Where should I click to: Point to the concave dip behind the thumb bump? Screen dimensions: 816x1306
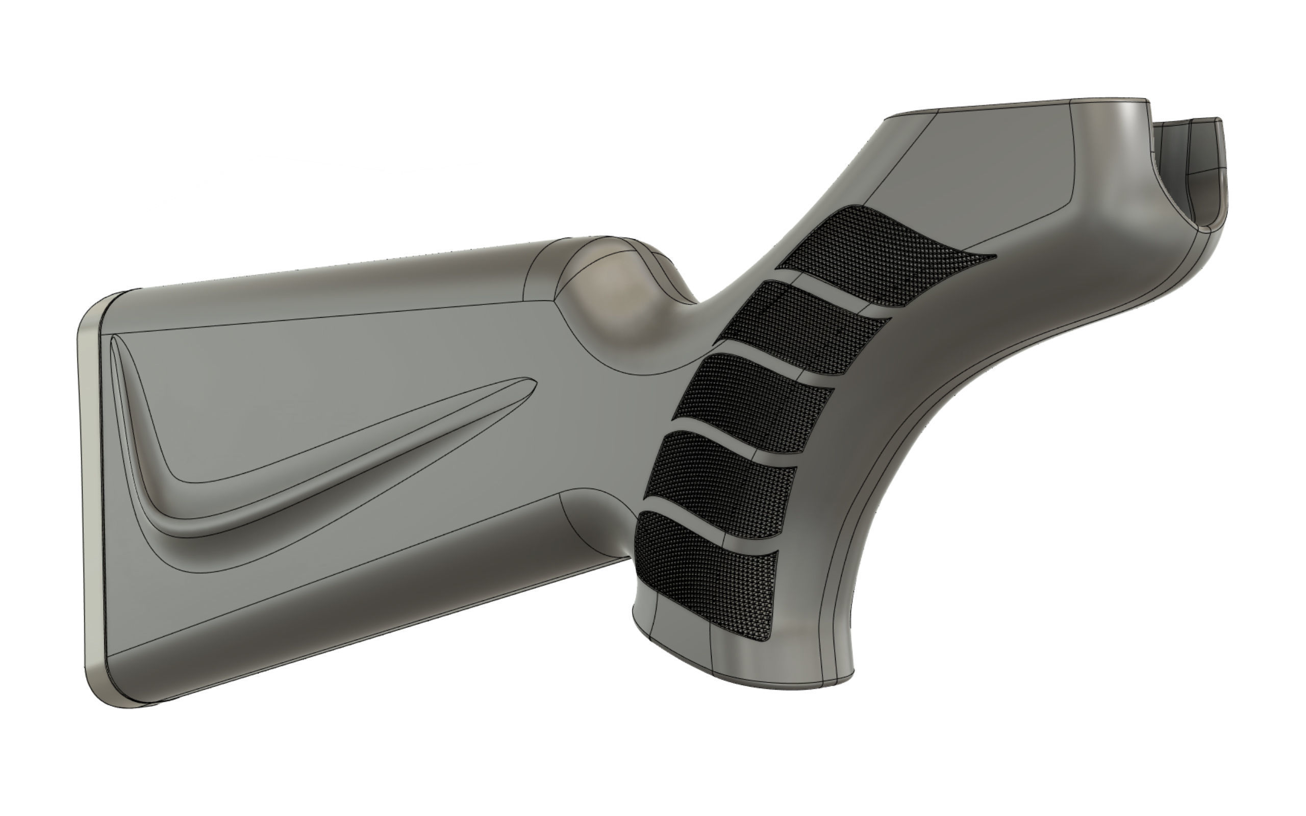pos(696,308)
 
